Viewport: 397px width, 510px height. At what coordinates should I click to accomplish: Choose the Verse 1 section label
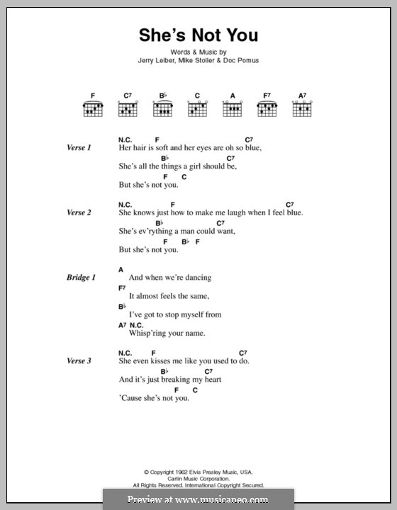coord(78,148)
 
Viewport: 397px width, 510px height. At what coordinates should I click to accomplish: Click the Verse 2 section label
coord(78,212)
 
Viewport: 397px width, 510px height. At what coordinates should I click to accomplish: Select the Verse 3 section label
coord(78,361)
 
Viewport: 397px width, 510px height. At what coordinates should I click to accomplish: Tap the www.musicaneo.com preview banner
coord(198,499)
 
